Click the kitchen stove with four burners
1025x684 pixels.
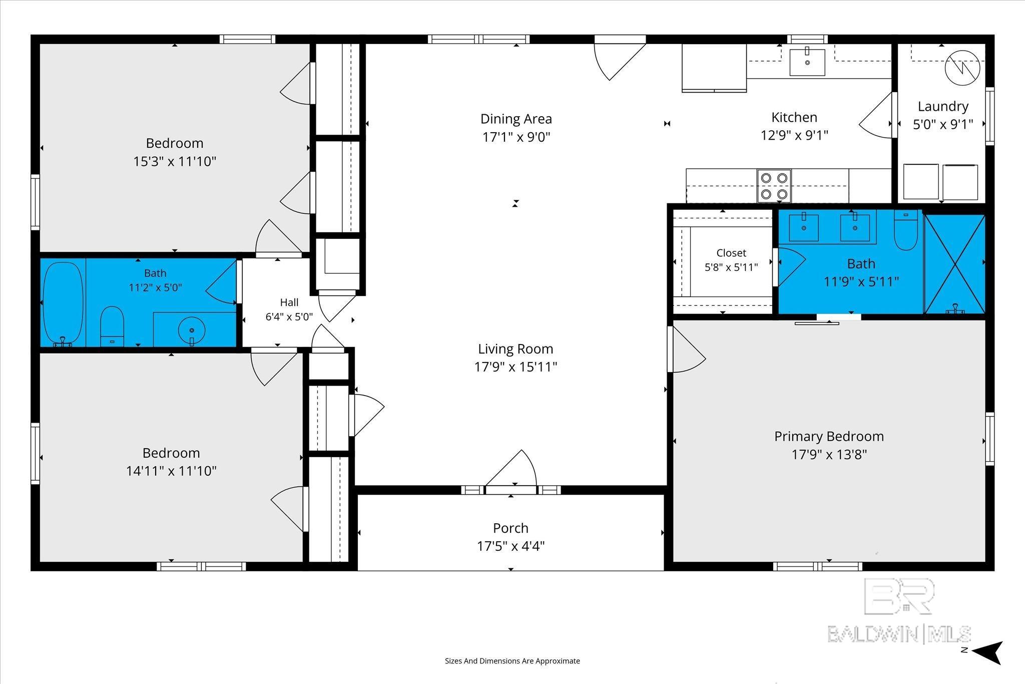[x=774, y=186]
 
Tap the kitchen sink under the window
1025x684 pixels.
[x=807, y=62]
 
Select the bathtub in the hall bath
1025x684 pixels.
[x=63, y=303]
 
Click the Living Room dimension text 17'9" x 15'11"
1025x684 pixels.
[x=516, y=367]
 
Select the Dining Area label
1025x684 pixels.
[x=516, y=119]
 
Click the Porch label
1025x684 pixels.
[x=510, y=528]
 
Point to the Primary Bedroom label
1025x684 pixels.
[x=829, y=436]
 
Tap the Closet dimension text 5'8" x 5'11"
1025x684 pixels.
[x=731, y=267]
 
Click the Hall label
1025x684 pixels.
[x=289, y=302]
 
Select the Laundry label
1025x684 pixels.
[x=943, y=106]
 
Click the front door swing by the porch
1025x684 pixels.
[x=511, y=468]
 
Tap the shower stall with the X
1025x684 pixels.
[x=954, y=264]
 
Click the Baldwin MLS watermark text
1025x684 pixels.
[x=899, y=634]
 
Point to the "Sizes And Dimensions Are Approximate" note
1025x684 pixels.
[x=512, y=661]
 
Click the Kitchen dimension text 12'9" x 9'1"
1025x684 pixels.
[x=794, y=135]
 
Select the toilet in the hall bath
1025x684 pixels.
[x=112, y=326]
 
